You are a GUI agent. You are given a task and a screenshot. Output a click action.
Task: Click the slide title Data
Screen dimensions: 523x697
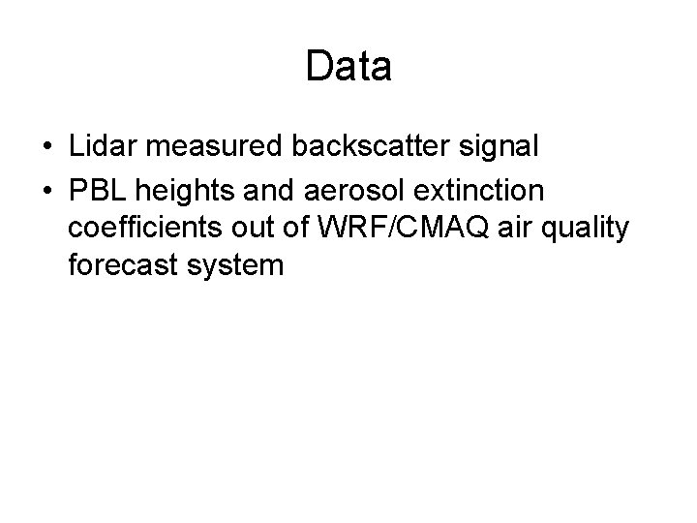[x=348, y=67]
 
